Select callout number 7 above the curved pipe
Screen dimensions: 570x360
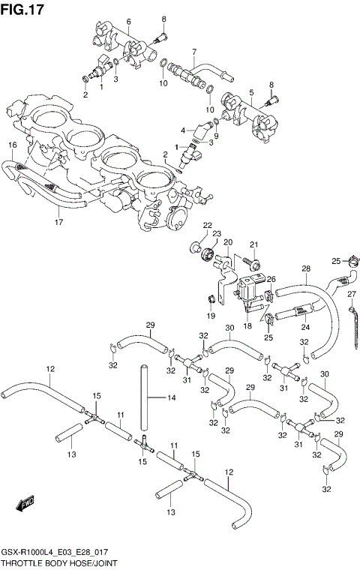coord(193,52)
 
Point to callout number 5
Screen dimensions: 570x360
coord(250,93)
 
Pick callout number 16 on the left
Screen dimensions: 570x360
coord(12,145)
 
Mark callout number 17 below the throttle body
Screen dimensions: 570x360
coord(58,222)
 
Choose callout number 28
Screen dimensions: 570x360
coord(306,268)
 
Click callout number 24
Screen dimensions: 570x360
coord(305,326)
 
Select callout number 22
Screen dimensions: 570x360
coord(207,225)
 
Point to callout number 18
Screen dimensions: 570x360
coord(247,327)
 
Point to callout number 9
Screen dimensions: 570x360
coord(215,136)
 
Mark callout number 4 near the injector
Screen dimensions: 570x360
coord(182,130)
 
